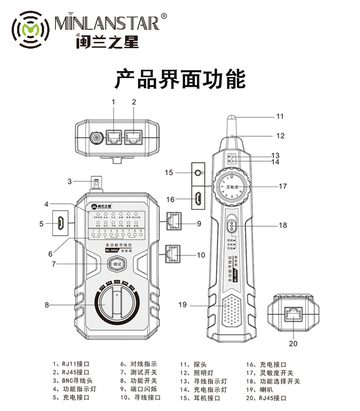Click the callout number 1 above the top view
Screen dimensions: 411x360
[x=113, y=102]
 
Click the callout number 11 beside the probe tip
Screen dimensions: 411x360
[x=280, y=116]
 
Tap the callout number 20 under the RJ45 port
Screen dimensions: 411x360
[x=293, y=343]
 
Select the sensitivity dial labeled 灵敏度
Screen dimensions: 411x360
[x=231, y=186]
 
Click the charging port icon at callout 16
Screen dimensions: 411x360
[x=198, y=198]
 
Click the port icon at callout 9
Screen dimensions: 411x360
[x=174, y=222]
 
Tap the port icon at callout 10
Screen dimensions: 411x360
[x=174, y=255]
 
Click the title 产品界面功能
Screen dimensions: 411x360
[x=180, y=79]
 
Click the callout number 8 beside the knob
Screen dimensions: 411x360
[x=46, y=305]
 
